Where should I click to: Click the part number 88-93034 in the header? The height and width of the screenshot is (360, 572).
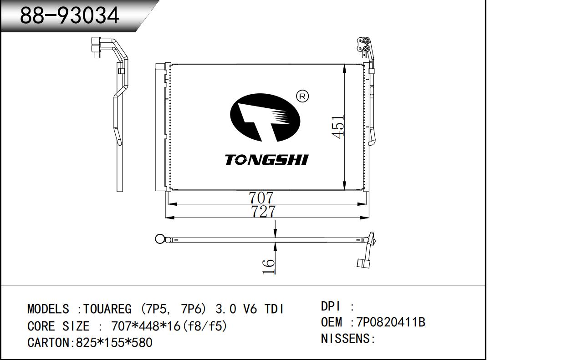(70, 15)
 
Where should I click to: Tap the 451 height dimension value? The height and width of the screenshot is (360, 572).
(338, 127)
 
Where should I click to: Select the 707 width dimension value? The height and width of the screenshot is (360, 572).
(261, 198)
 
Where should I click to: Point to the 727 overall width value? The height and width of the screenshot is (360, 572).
(263, 212)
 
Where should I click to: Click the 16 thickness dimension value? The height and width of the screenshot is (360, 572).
(269, 267)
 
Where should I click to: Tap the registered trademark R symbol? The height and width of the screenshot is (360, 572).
(302, 96)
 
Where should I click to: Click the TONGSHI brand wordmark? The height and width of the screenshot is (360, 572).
(266, 160)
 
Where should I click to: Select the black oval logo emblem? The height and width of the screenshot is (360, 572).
(265, 117)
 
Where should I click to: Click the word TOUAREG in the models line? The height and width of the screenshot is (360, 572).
(107, 309)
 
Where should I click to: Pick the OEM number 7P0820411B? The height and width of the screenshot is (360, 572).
(391, 322)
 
